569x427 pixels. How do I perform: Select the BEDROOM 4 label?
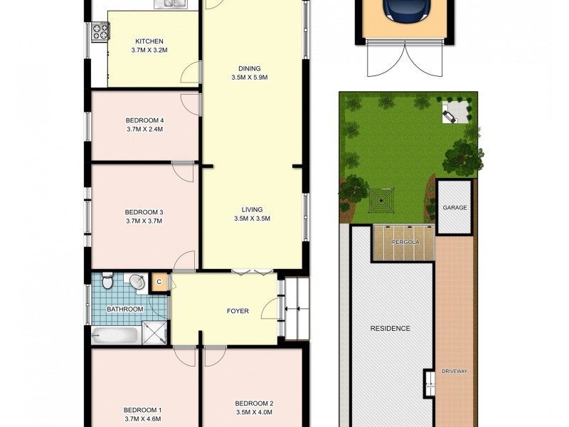tap(144, 120)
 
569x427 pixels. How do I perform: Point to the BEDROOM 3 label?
tap(144, 211)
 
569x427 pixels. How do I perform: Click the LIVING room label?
tap(252, 209)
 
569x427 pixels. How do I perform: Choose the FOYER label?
tap(237, 310)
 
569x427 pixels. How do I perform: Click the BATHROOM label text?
tap(125, 310)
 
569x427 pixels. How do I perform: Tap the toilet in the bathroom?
tap(107, 282)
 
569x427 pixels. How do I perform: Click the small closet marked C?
tap(159, 283)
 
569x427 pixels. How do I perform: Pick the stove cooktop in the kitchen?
tap(99, 31)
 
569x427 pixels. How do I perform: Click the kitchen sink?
tap(171, 4)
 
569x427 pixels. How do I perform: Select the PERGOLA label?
tap(403, 243)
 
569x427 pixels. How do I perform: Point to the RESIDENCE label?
tap(390, 328)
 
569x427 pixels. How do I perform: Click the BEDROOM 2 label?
tap(254, 403)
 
